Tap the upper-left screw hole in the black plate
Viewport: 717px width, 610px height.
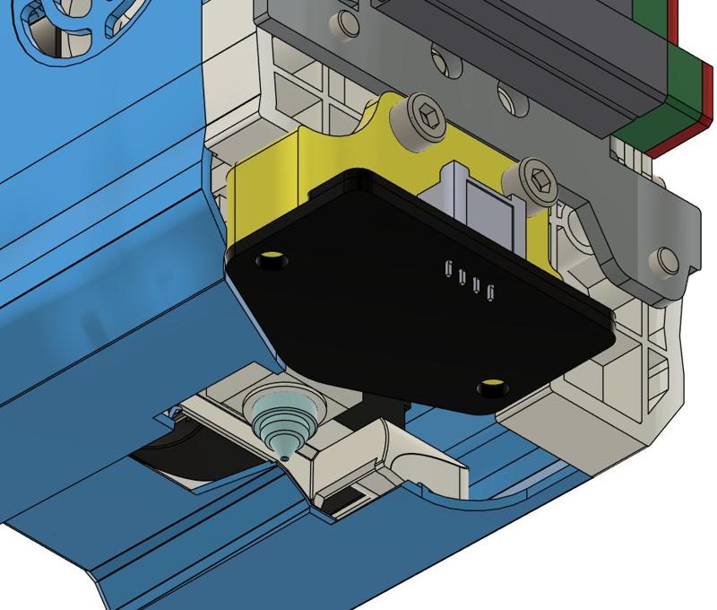coord(270,261)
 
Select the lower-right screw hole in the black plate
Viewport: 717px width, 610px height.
coord(490,388)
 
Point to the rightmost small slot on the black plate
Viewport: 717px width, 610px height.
coord(491,292)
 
